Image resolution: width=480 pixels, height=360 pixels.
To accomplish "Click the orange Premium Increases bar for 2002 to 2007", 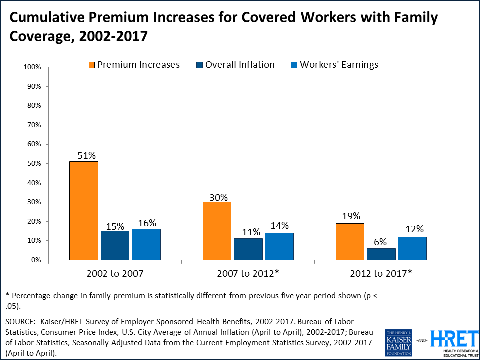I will pyautogui.click(x=84, y=210).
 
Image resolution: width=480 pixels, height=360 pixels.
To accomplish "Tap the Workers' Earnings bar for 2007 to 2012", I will pyautogui.click(x=279, y=246).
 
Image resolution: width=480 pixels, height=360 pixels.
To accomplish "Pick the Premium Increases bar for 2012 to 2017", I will pyautogui.click(x=350, y=241).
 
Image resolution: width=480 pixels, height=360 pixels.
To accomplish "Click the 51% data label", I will pyautogui.click(x=86, y=155).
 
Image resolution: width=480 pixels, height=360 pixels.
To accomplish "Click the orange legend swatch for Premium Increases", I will pyautogui.click(x=91, y=65).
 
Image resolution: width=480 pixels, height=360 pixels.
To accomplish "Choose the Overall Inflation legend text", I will pyautogui.click(x=240, y=65).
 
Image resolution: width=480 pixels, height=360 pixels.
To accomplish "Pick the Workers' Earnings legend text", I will pyautogui.click(x=339, y=65).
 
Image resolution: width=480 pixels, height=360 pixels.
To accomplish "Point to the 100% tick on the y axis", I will pyautogui.click(x=31, y=67).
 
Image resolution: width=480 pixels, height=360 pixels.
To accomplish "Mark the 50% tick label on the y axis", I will pyautogui.click(x=33, y=163).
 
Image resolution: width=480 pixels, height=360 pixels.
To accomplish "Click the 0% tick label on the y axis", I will pyautogui.click(x=35, y=260).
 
